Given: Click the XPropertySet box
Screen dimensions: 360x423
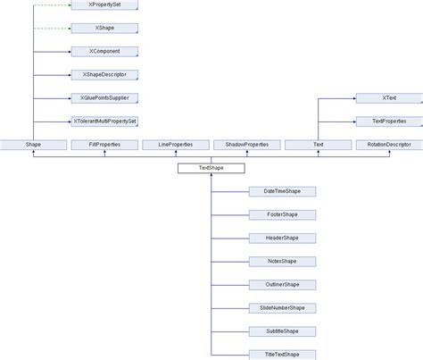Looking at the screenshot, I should click(x=104, y=5).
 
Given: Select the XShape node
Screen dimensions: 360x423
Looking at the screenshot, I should click(x=104, y=29).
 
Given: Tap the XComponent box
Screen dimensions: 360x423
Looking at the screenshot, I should click(x=104, y=52).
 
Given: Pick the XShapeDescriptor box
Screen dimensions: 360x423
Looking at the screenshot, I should click(x=104, y=75).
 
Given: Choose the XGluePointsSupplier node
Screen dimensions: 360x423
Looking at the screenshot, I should click(x=104, y=98).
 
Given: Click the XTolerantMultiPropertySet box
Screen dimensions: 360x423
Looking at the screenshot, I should click(x=104, y=121).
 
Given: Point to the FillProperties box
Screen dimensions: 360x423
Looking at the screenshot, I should click(x=104, y=145).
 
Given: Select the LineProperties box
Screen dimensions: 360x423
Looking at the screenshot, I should click(x=175, y=145).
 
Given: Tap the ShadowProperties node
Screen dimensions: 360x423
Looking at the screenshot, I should click(x=246, y=145).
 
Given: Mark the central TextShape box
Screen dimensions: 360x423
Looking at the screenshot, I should click(x=211, y=168).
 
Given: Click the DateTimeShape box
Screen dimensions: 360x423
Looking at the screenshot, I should click(x=282, y=191).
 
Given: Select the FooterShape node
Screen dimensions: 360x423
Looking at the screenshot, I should click(x=282, y=214).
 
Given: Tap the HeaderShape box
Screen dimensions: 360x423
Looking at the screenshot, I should click(x=282, y=238).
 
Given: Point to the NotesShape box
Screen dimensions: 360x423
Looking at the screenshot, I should click(x=282, y=261).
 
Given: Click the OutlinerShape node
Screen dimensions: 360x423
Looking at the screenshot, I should click(x=282, y=284).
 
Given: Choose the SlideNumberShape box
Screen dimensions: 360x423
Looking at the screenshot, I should click(x=282, y=307).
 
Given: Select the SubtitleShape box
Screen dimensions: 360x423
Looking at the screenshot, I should click(x=282, y=331).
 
